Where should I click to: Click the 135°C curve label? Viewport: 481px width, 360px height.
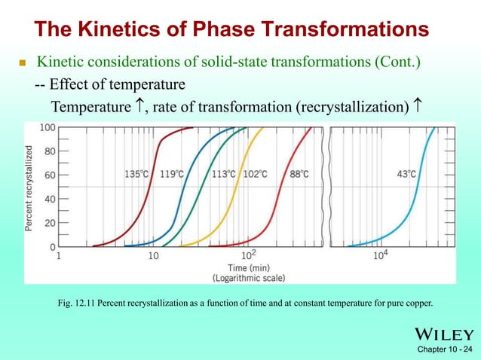point(136,174)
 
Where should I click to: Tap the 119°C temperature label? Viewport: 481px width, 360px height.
point(172,174)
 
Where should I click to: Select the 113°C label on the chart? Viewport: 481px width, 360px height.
point(223,174)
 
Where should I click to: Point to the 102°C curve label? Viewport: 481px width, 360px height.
point(255,174)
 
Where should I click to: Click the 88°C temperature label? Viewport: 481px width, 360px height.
point(299,174)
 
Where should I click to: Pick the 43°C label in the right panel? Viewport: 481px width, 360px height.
point(406,174)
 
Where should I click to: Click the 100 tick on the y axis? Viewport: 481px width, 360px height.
point(47,127)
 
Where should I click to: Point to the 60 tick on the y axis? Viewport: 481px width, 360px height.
point(49,175)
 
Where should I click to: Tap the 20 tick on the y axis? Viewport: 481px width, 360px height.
point(49,223)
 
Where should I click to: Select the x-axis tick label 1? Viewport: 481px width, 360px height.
point(59,256)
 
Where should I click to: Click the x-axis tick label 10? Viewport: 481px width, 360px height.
point(153,256)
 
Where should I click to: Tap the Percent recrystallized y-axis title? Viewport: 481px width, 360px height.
point(29,188)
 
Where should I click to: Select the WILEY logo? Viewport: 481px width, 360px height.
point(443,334)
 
